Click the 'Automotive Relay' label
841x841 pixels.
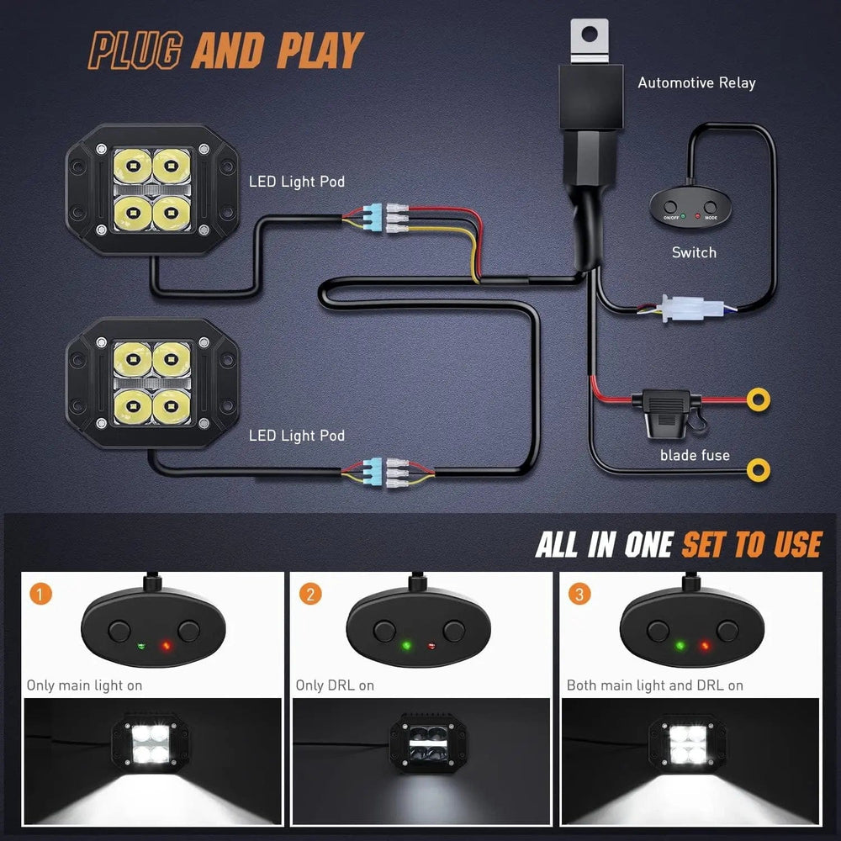(x=696, y=82)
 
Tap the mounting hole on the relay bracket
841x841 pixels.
(x=590, y=34)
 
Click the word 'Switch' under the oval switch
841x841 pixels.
(x=694, y=252)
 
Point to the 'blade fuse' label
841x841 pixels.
(x=695, y=455)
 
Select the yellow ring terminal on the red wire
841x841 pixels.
(x=759, y=399)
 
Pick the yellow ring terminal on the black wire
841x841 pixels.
(x=759, y=470)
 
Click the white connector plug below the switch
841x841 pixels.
(x=685, y=309)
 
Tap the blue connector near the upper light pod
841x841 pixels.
(x=373, y=218)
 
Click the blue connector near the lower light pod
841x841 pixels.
(x=373, y=473)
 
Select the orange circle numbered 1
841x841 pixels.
(x=40, y=595)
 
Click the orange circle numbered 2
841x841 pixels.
(x=310, y=595)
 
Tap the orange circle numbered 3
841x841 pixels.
(x=579, y=595)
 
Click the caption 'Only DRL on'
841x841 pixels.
(x=335, y=685)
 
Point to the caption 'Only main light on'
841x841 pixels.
(x=84, y=685)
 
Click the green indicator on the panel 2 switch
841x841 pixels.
(x=406, y=645)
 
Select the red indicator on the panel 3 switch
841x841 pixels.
(x=705, y=646)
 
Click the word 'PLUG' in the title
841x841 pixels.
(x=135, y=51)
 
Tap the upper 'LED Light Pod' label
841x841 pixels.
(x=297, y=182)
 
